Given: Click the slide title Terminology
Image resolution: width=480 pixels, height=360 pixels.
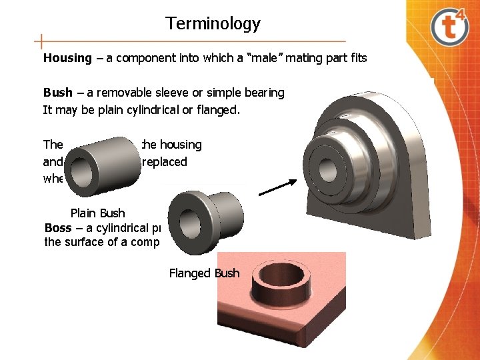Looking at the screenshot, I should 213,24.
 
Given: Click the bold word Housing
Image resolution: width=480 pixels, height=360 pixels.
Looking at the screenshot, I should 67,58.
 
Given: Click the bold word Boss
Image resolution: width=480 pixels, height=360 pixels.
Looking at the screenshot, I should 58,228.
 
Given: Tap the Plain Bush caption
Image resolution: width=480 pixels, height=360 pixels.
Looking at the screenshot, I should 97,213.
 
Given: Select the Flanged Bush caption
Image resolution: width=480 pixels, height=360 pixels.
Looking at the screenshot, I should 204,273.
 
